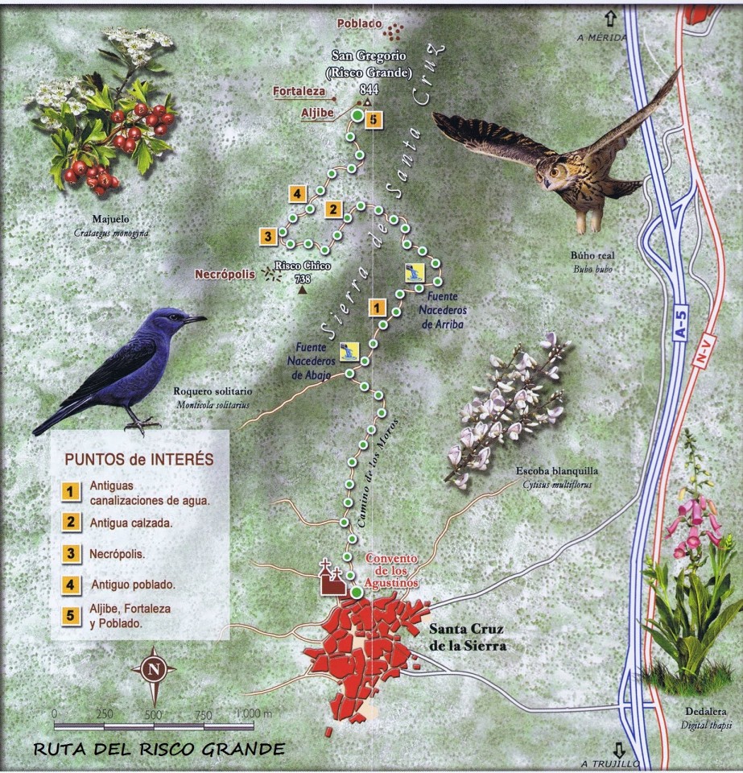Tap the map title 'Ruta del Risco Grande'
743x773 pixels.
(x=159, y=749)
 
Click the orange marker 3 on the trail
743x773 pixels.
(x=267, y=236)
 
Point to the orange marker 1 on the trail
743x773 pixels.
(x=376, y=307)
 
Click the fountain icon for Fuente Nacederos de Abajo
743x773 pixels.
(x=349, y=351)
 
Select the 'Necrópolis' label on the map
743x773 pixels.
(x=225, y=275)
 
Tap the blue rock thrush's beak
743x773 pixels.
(x=196, y=320)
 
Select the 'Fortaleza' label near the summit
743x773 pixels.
(x=297, y=91)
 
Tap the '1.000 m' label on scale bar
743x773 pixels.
(x=255, y=713)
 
